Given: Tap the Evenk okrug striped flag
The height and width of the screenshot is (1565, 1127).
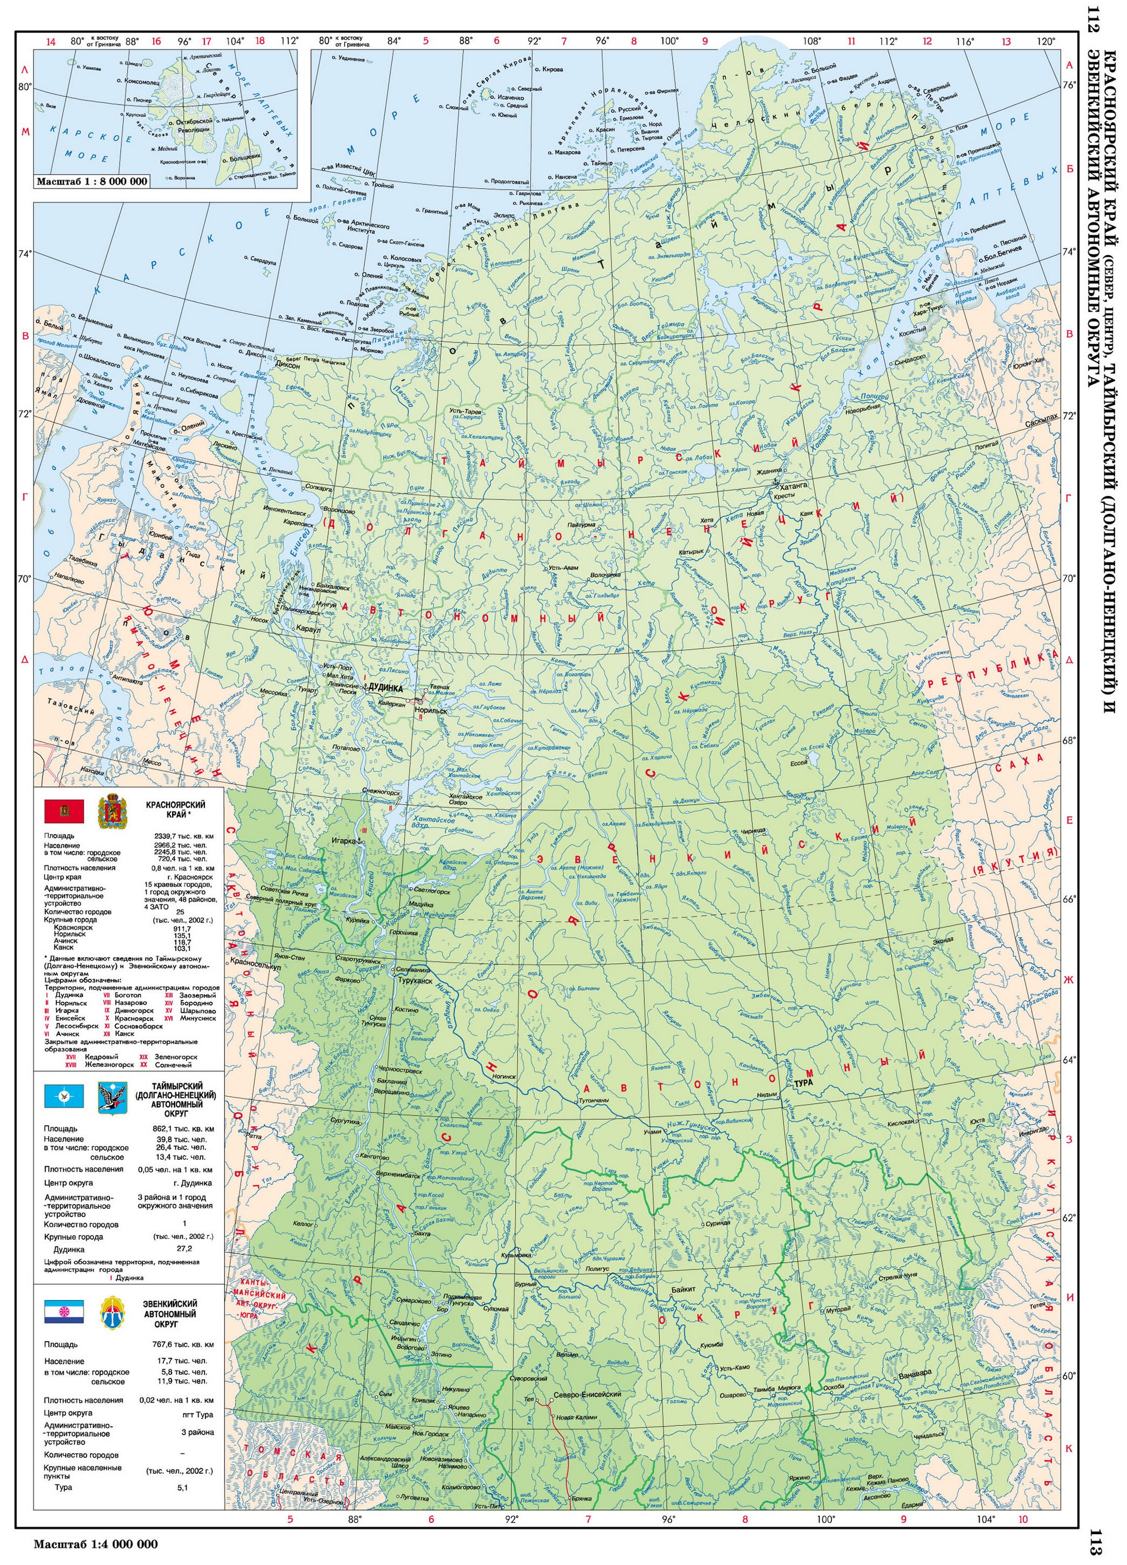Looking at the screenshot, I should click(64, 1310).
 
